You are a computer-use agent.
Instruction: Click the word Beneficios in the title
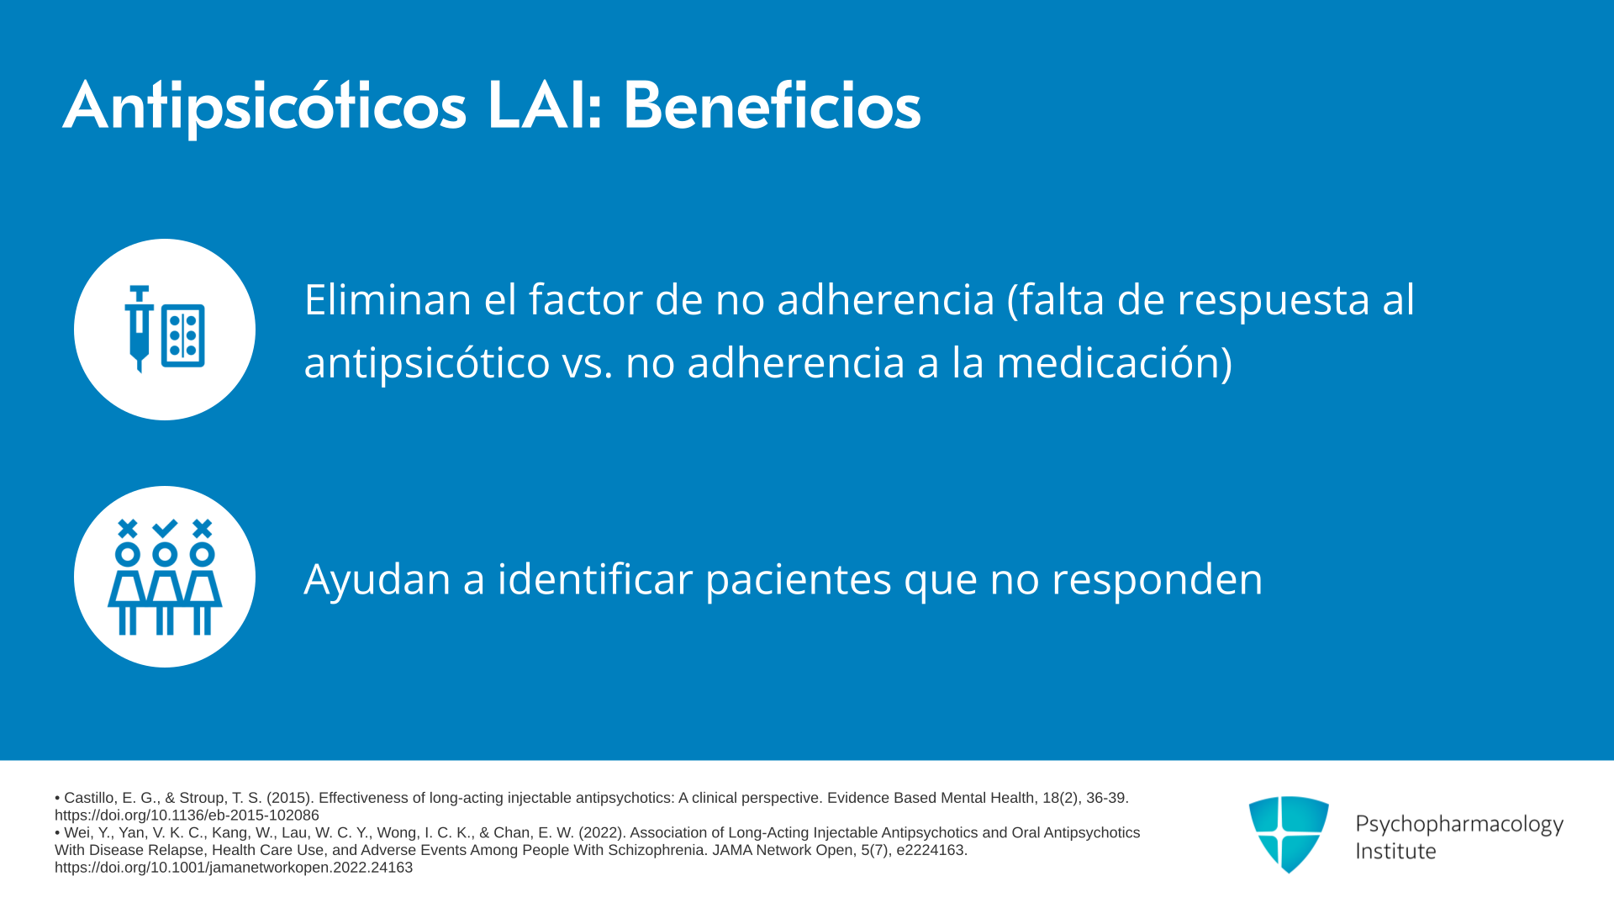[772, 106]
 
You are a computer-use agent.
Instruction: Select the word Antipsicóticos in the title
[265, 108]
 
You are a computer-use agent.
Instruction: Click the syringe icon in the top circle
[140, 329]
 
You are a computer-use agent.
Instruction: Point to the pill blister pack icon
[183, 335]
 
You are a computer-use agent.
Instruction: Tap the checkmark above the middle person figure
[165, 528]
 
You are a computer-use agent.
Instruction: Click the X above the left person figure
[128, 528]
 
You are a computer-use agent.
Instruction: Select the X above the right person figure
[202, 528]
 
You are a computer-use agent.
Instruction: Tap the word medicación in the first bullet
[1108, 363]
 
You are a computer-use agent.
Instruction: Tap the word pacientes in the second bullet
[799, 580]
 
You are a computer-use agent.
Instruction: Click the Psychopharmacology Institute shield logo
[1289, 834]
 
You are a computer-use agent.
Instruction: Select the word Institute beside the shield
[1395, 852]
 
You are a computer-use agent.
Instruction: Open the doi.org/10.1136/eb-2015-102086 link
[187, 816]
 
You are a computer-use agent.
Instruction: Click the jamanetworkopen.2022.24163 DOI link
[234, 868]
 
